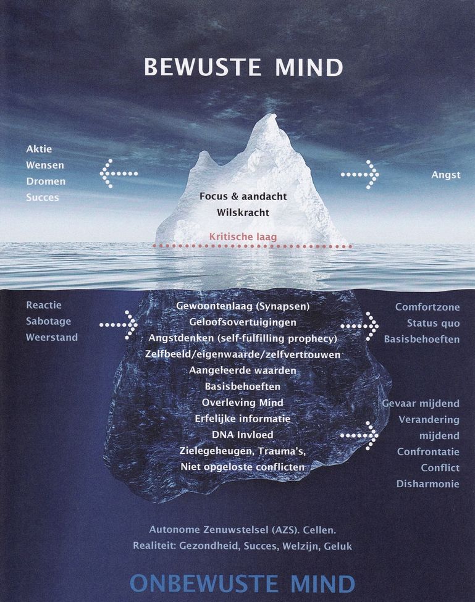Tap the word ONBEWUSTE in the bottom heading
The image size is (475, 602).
point(203,584)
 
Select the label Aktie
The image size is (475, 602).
point(39,149)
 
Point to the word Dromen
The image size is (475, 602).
point(46,181)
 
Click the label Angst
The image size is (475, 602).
point(446,175)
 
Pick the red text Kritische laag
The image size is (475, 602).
point(243,236)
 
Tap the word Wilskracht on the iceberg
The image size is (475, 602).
point(243,212)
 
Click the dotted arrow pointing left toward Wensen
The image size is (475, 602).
point(119,173)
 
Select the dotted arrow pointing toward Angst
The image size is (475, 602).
point(360,175)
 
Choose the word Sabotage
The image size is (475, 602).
point(48,321)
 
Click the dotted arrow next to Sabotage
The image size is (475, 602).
point(118,325)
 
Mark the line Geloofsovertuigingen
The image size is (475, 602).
point(243,322)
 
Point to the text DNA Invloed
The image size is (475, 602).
point(243,435)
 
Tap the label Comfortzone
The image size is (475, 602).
point(427,307)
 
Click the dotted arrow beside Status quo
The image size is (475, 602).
point(359,327)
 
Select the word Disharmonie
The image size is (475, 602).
point(428,483)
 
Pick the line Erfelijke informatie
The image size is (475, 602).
point(243,419)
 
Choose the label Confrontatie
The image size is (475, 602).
point(428,451)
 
